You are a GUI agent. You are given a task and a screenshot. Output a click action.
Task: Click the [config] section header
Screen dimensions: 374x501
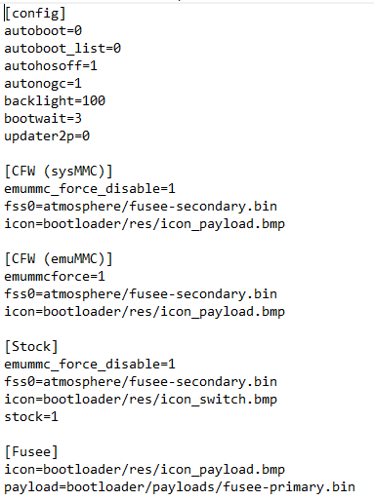[x=35, y=14]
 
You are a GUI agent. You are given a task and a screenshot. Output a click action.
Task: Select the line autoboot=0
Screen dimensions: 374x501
[x=43, y=31]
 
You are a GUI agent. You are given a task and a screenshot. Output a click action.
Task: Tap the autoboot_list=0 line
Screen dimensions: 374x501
[x=62, y=49]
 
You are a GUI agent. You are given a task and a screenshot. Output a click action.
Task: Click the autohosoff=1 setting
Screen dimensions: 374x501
[x=51, y=66]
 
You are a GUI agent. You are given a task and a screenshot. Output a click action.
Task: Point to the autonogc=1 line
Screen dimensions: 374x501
[x=43, y=84]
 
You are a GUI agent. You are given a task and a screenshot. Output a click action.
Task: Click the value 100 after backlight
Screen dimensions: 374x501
[x=94, y=100]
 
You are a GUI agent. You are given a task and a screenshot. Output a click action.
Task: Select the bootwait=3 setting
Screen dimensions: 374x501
[x=43, y=118]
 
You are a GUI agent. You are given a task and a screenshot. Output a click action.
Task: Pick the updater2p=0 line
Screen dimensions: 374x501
[x=47, y=136]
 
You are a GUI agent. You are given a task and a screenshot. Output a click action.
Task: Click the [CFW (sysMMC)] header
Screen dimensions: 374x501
[x=59, y=172]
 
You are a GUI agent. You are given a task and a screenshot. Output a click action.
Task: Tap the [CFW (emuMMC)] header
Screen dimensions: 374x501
[x=59, y=259]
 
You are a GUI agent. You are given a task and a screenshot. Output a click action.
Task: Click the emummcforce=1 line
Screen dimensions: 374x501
[x=55, y=277]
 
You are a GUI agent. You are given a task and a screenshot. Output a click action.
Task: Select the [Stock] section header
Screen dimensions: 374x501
[x=31, y=347]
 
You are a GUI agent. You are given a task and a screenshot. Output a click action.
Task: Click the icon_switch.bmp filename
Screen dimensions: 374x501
[x=219, y=400]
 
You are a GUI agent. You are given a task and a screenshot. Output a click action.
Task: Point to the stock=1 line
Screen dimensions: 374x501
[x=31, y=417]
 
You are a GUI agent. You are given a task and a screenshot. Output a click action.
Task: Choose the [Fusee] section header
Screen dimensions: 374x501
[x=31, y=452]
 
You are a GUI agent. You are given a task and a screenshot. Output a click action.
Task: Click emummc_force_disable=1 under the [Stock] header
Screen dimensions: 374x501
[x=90, y=365]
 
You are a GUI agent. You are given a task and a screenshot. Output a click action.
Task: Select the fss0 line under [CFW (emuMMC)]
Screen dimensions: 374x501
[x=141, y=294]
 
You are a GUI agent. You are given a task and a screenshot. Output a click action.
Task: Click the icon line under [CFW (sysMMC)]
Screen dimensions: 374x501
[x=145, y=224]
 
